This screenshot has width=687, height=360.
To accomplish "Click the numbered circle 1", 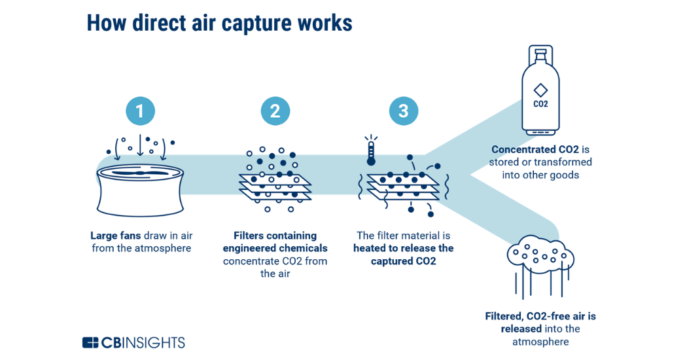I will point(140,111).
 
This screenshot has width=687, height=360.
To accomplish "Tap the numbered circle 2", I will point(275,111).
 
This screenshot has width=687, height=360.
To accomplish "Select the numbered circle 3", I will point(403,111).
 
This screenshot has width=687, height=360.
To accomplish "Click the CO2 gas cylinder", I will point(540,91).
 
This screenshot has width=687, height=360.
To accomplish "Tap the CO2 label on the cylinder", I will point(540,103).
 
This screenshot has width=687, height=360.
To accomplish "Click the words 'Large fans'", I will point(114,236).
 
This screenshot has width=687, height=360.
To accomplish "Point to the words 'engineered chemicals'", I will point(275,248).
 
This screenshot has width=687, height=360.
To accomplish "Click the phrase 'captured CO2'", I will point(403,261).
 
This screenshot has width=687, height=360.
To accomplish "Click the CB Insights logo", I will point(133,342).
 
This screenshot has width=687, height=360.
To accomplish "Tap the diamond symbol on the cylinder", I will point(540,89).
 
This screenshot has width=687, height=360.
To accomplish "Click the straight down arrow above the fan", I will point(140,146).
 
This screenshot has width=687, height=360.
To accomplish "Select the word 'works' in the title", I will point(326,23).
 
